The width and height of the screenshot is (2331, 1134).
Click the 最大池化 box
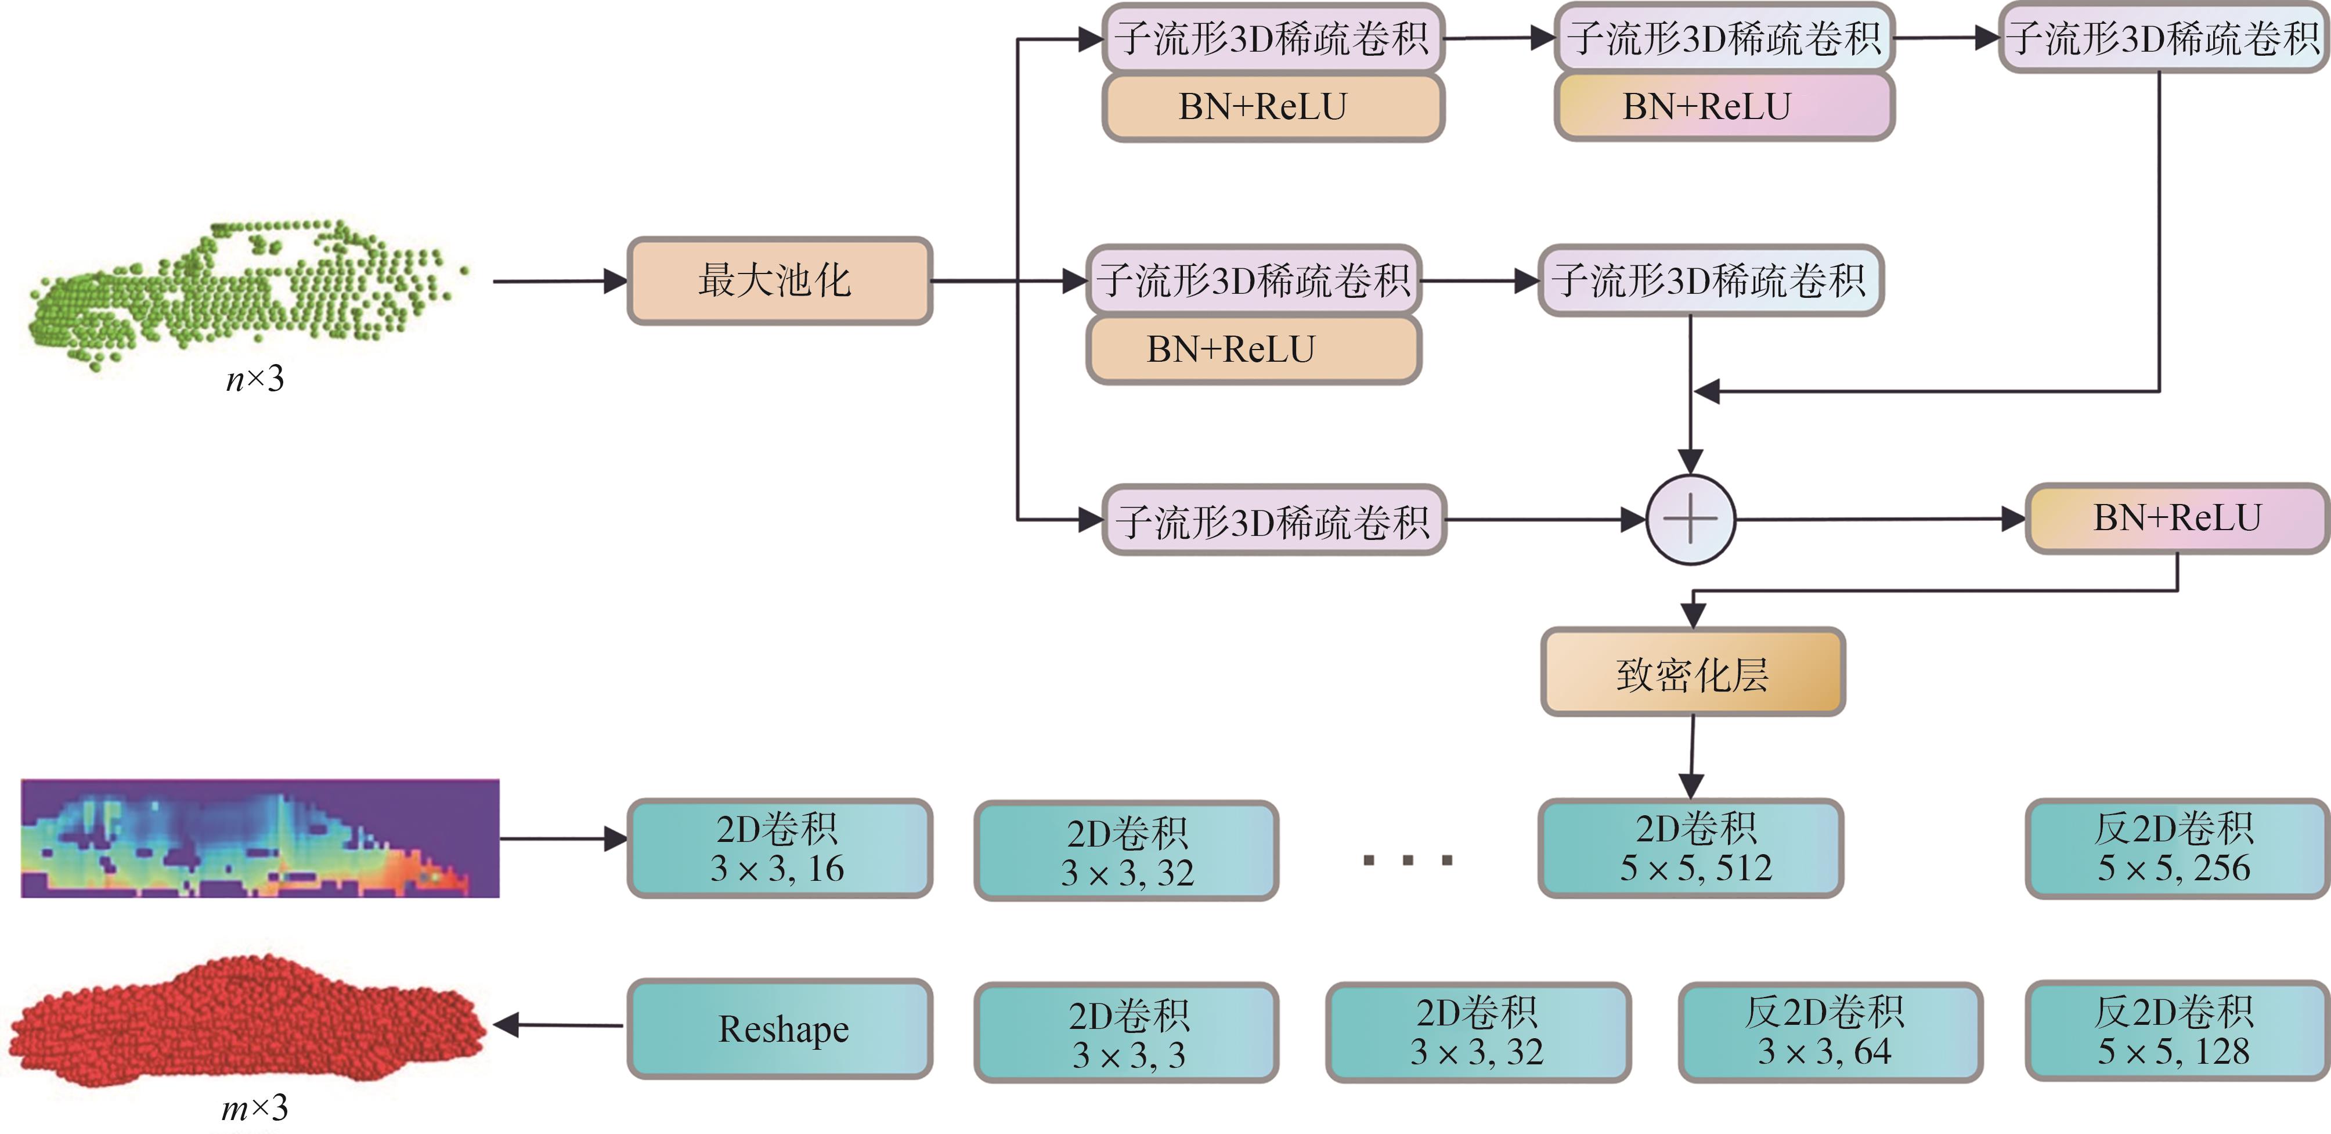(779, 280)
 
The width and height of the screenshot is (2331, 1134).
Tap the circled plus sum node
(1690, 520)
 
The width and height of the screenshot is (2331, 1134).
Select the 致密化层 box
(1692, 672)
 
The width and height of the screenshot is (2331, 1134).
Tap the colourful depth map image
(259, 838)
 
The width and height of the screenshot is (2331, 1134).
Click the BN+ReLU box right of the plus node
(2175, 519)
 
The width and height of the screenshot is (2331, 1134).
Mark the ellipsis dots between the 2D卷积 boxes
(1407, 860)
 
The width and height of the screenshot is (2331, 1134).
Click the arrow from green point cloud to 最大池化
(559, 280)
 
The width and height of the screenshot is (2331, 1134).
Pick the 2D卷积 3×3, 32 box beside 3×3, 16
(1125, 851)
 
